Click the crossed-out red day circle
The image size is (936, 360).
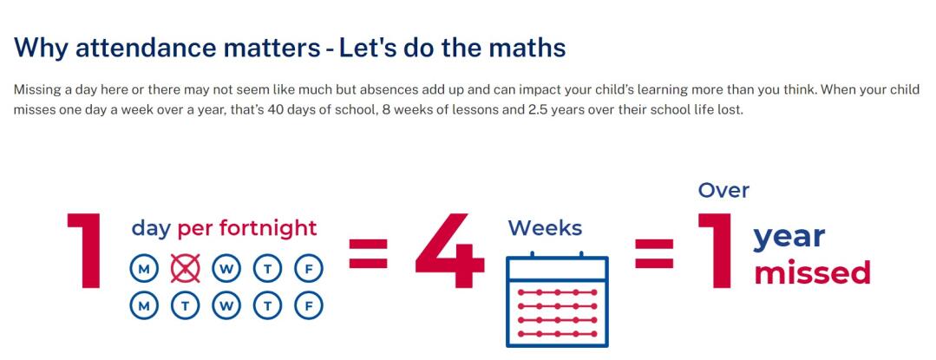pos(185,269)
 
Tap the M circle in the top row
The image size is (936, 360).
pos(144,269)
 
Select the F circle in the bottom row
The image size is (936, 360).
pos(309,307)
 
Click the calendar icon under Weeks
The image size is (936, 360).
pos(557,299)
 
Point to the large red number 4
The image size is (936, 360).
pos(449,251)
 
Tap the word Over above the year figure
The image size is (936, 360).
pos(723,191)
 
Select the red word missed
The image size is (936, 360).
pos(813,272)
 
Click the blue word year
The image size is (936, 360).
pos(789,238)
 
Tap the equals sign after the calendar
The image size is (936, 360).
pos(654,253)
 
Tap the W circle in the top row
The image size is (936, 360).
pos(226,269)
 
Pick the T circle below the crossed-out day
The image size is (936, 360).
pos(185,307)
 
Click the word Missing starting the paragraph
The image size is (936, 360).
pos(34,91)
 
